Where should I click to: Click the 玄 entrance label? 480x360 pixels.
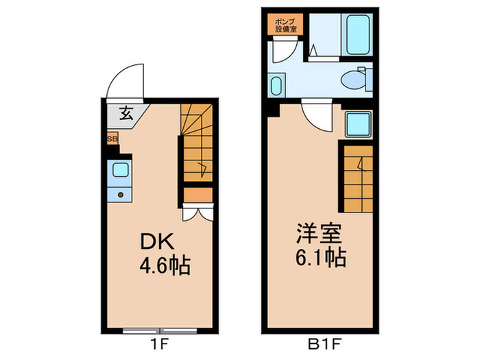(x=127, y=114)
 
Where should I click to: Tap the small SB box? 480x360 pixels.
(x=112, y=139)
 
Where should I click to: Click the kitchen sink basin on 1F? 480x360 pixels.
(x=119, y=170)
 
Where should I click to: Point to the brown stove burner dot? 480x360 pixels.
(x=120, y=195)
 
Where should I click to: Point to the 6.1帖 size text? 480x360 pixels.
(x=320, y=259)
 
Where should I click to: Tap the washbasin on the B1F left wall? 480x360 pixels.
(x=276, y=86)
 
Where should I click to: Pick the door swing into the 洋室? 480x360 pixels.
(x=317, y=117)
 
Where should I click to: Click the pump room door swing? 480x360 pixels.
(x=283, y=52)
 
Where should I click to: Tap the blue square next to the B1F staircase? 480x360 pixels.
(x=358, y=124)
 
